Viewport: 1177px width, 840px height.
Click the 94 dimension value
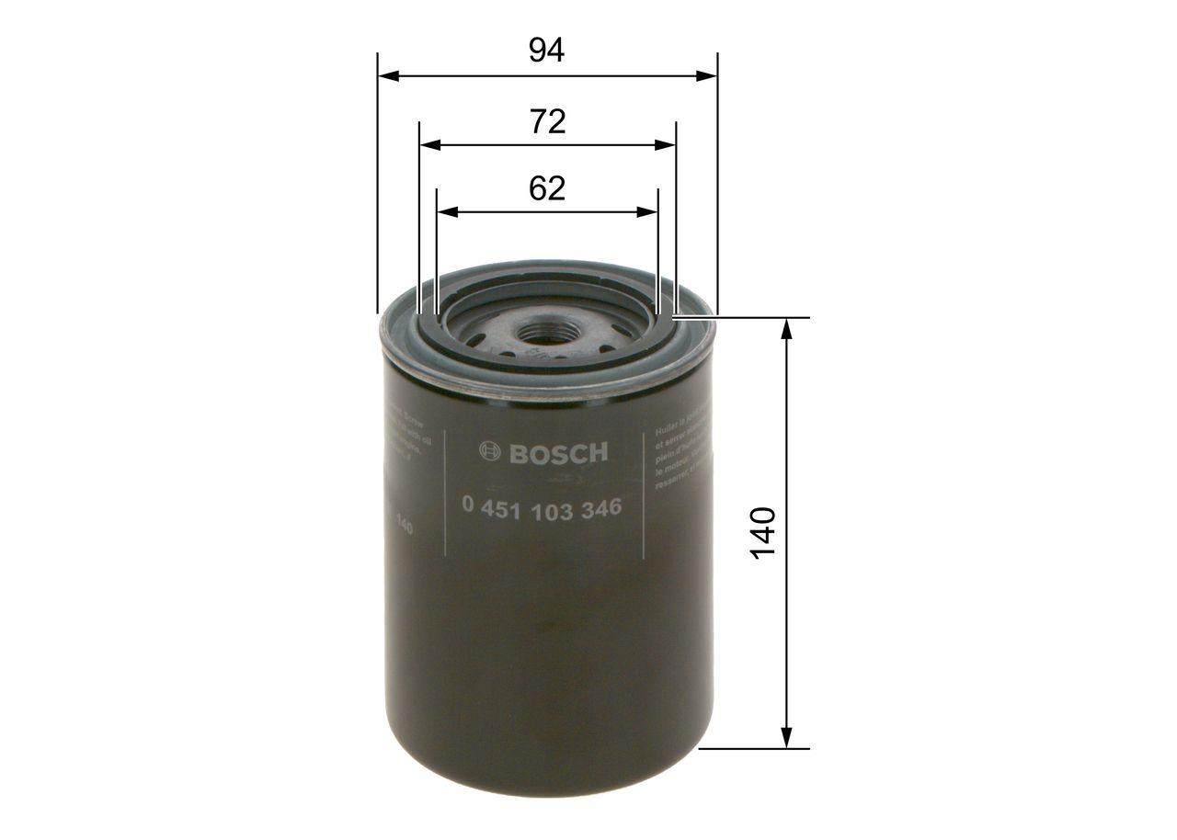546,51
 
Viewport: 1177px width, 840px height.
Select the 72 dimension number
547,121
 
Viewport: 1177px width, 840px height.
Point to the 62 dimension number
546,188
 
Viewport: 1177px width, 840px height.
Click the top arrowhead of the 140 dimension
786,329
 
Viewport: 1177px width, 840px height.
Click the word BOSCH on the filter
558,452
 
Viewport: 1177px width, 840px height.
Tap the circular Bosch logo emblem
490,452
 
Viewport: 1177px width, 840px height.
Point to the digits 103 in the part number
551,507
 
